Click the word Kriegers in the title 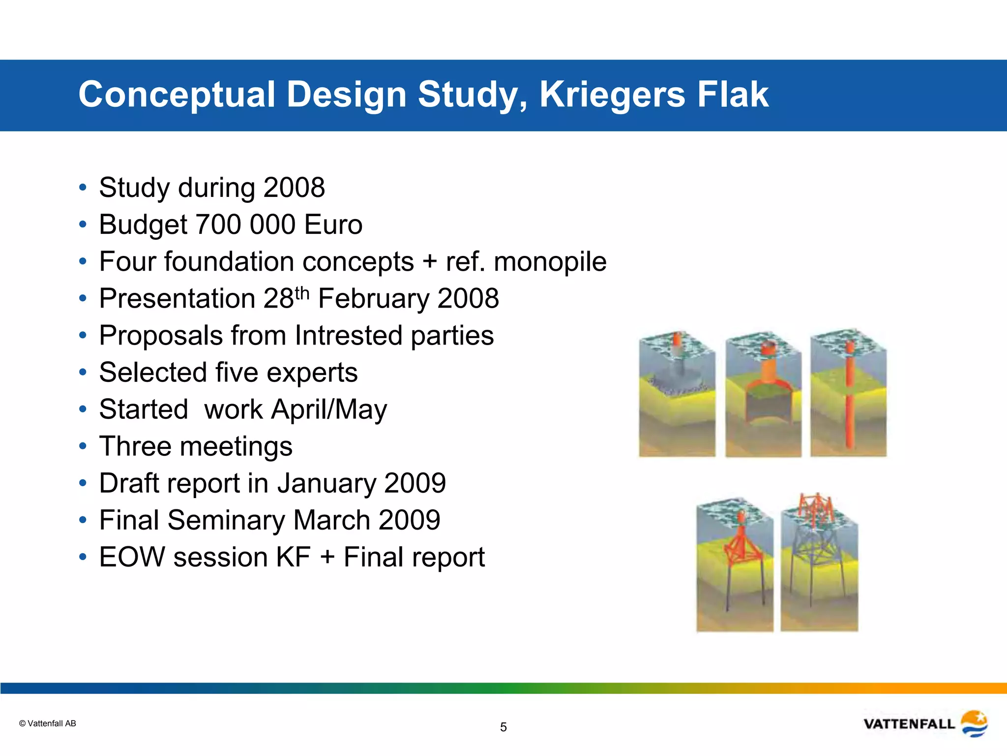pyautogui.click(x=612, y=94)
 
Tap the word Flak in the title pyautogui.click(x=733, y=94)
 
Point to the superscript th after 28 pyautogui.click(x=302, y=293)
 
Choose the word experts pyautogui.click(x=315, y=373)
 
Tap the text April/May pyautogui.click(x=329, y=410)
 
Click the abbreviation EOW pyautogui.click(x=132, y=557)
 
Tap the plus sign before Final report pyautogui.click(x=327, y=558)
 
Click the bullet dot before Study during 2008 pyautogui.click(x=83, y=188)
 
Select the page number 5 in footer pyautogui.click(x=503, y=727)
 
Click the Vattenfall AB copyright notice pyautogui.click(x=48, y=724)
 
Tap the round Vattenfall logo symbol pyautogui.click(x=974, y=724)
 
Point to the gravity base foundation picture pyautogui.click(x=677, y=394)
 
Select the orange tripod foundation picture pyautogui.click(x=735, y=566)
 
